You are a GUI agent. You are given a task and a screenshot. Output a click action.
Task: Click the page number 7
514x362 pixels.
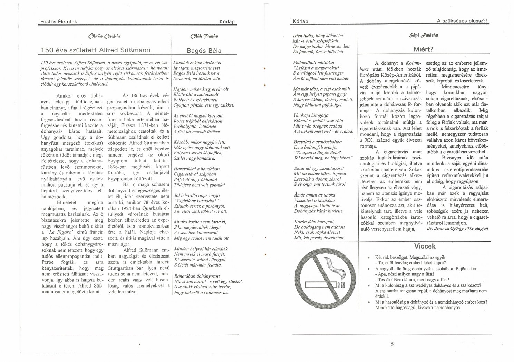tap(139, 344)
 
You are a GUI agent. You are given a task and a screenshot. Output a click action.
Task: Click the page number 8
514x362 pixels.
tap(392, 343)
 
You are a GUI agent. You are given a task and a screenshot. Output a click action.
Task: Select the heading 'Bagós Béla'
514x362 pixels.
tap(204, 51)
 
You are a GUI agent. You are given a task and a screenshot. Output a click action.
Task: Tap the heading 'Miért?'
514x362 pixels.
tap(423, 49)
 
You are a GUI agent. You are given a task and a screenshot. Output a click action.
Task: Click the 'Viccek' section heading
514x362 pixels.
tap(425, 246)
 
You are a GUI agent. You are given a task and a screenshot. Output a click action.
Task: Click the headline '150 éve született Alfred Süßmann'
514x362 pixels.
tap(96, 50)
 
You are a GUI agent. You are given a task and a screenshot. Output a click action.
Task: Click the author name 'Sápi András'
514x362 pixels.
tap(423, 35)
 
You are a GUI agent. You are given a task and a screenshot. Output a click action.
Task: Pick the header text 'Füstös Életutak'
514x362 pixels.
tap(58, 22)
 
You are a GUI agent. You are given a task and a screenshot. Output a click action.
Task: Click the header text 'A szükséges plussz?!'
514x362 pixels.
tap(462, 21)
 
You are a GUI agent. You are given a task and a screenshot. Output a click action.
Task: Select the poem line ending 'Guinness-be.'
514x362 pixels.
tap(201, 293)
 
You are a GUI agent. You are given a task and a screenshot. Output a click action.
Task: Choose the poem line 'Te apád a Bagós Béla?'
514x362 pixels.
tap(318, 153)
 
